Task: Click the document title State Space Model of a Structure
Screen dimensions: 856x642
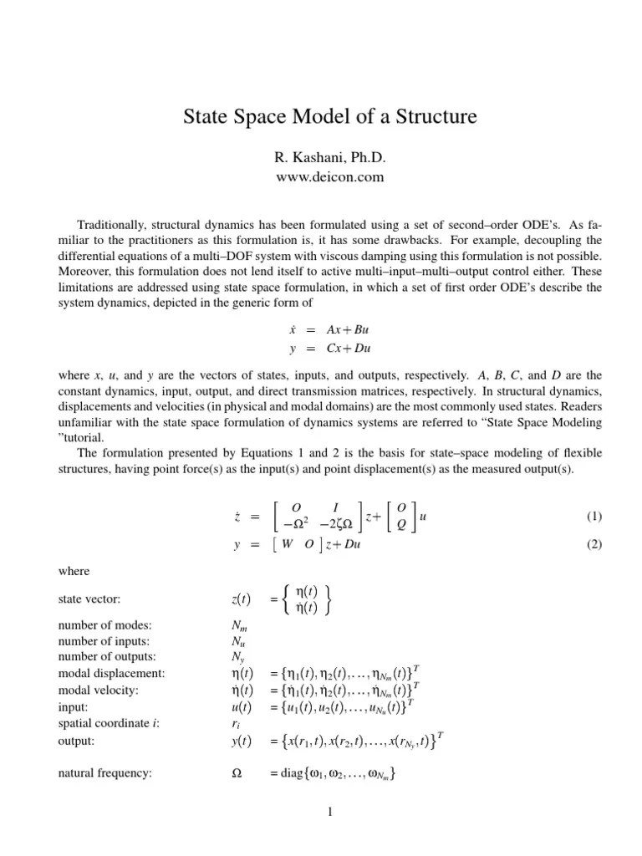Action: click(329, 116)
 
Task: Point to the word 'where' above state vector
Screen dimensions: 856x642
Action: click(73, 571)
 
